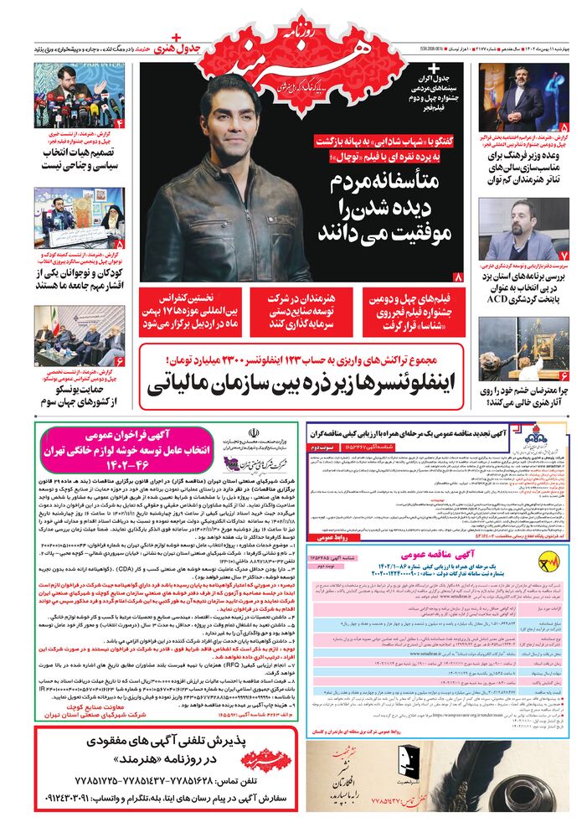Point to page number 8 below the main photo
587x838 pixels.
(457, 277)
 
